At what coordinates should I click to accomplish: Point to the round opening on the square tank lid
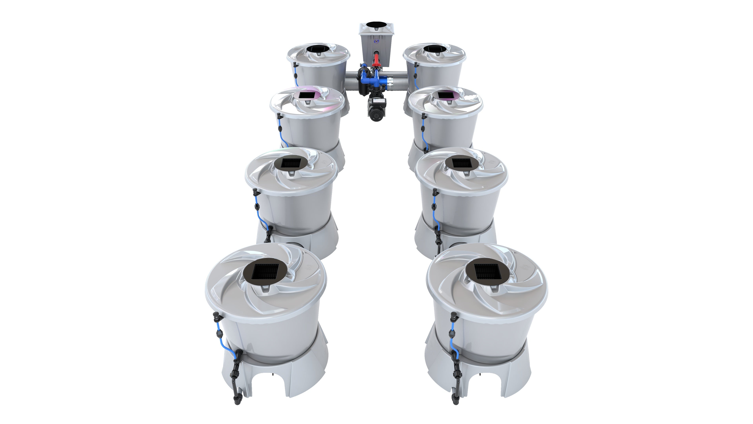coord(376,25)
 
